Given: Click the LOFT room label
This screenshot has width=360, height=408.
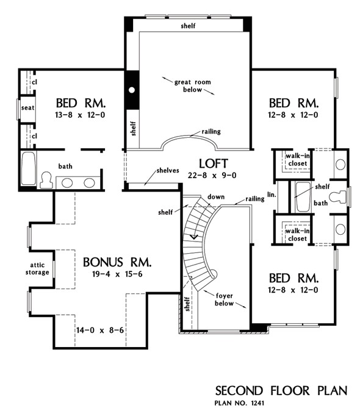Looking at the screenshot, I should (213, 163).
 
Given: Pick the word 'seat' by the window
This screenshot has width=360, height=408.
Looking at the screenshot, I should (27, 107).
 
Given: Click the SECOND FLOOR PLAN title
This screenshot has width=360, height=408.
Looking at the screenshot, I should (281, 390).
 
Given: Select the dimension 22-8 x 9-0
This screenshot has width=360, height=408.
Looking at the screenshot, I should (213, 176).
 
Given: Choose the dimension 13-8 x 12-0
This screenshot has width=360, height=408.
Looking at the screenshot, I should (81, 114).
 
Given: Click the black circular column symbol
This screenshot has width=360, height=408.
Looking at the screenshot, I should (132, 91).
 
